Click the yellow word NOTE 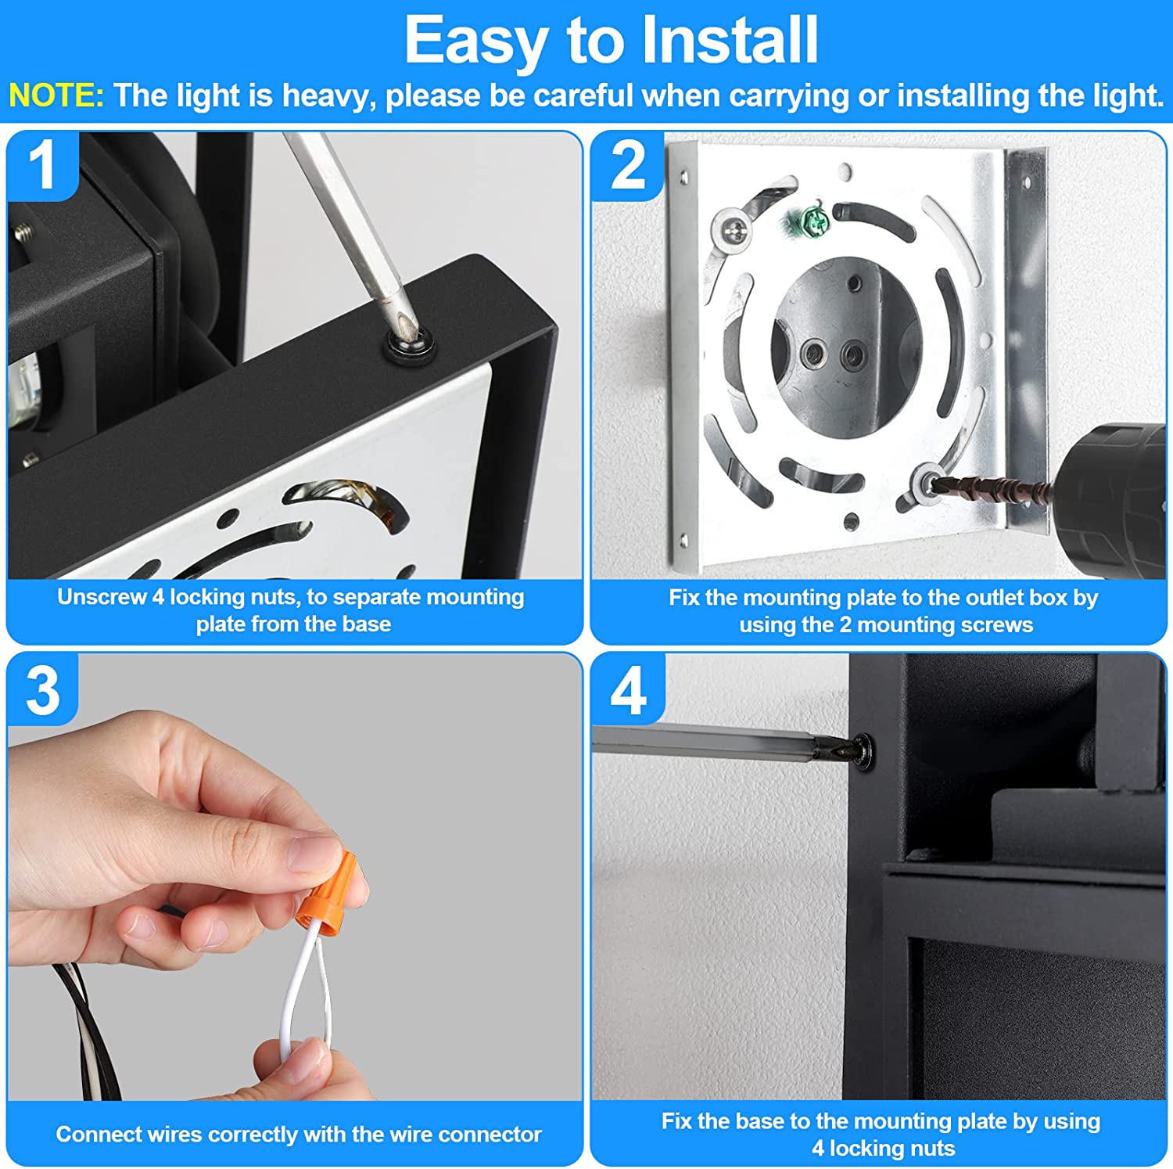56,95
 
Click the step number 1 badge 42,165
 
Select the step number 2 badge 628,165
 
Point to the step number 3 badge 42,690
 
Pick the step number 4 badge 628,690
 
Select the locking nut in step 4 862,752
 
